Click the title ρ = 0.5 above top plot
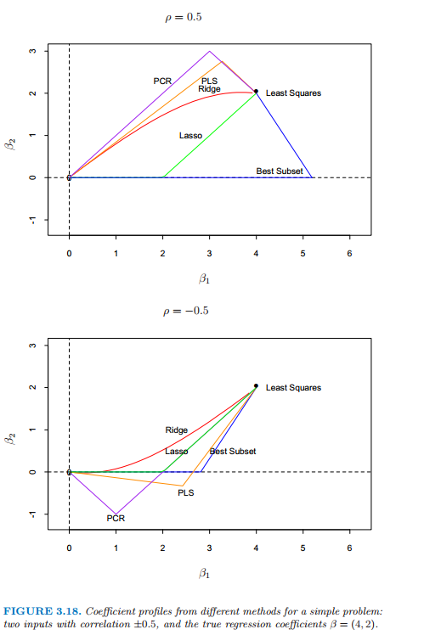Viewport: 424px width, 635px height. [x=184, y=18]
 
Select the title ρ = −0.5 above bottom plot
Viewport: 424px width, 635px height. [x=185, y=311]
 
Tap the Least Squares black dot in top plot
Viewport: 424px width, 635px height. [x=256, y=91]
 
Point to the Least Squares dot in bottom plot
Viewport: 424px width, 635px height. [x=256, y=386]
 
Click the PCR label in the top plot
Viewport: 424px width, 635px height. [x=162, y=81]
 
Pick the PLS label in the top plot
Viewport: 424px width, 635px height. [x=209, y=81]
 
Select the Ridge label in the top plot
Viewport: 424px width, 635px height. [x=209, y=88]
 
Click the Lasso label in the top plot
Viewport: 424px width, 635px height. [x=190, y=136]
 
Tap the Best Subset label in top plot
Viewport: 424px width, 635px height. [x=280, y=171]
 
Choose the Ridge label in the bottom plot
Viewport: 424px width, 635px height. [x=177, y=430]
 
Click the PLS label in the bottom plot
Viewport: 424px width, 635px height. [x=185, y=493]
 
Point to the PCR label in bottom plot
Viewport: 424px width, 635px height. [x=116, y=519]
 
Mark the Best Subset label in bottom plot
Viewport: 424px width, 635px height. [x=233, y=451]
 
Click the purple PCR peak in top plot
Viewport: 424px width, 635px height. [x=209, y=51]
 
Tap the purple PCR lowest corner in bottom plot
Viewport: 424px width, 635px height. [x=116, y=514]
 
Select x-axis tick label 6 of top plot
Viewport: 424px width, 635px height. [x=349, y=254]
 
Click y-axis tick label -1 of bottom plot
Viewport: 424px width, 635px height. [x=33, y=514]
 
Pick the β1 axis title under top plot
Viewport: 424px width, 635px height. [x=204, y=278]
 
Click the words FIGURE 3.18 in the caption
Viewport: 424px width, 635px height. [x=42, y=611]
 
